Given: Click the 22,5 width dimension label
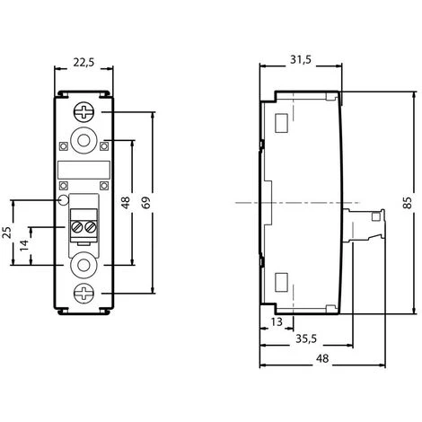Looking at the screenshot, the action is pos(84,63).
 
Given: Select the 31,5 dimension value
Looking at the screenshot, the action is pos(301,60).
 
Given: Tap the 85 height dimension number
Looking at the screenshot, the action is pos(408,203).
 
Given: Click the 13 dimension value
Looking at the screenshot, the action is pos(277,321).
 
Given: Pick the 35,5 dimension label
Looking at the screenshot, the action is pos(306,338).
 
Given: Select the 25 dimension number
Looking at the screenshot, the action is pos(7,233).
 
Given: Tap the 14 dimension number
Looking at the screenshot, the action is pos(24,245).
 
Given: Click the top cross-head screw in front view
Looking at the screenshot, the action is pos(84,112).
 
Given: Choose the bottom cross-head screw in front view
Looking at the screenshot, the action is pos(84,294).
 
